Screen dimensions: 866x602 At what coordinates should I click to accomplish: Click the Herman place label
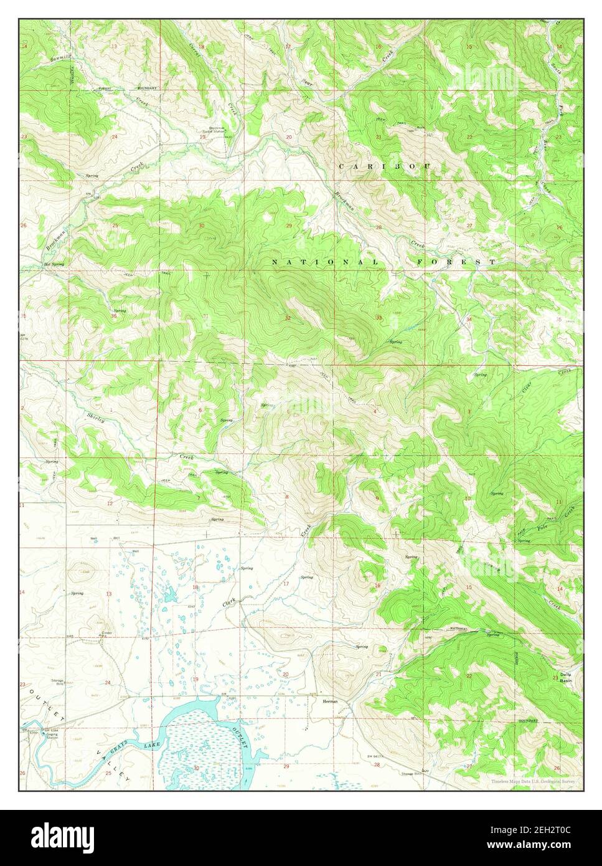click(330, 701)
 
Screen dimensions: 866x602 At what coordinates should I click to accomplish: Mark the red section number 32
click(287, 318)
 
